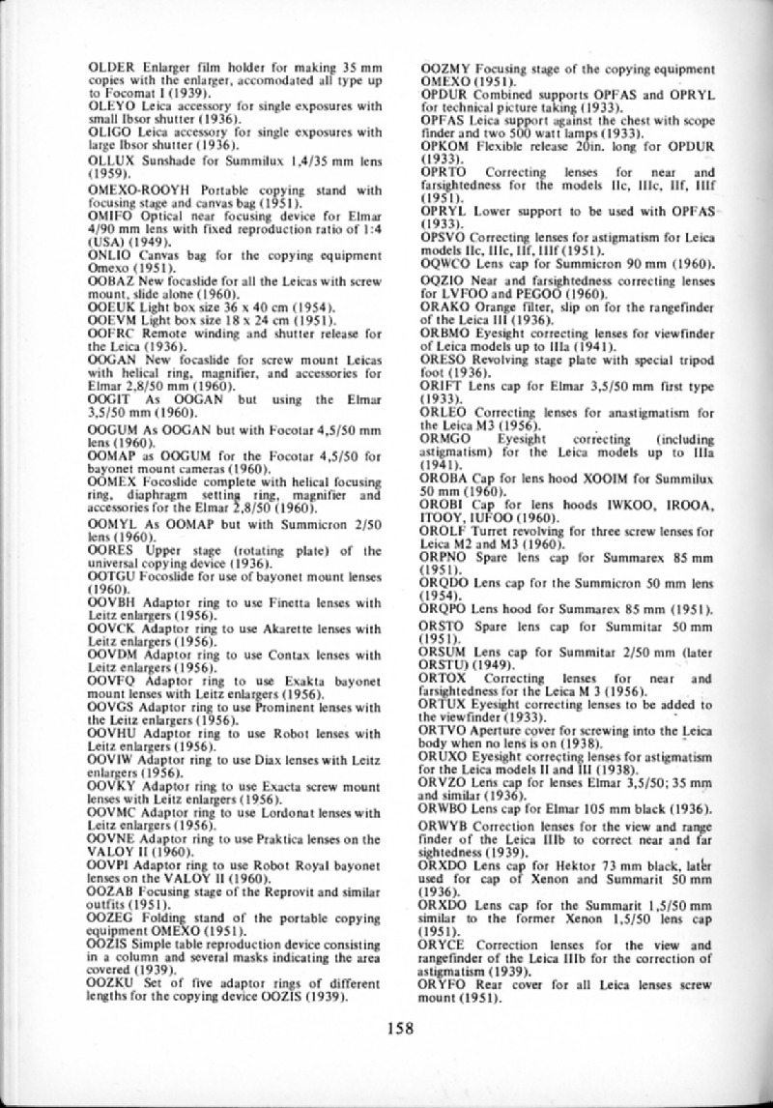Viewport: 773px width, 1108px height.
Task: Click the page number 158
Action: point(398,1028)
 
